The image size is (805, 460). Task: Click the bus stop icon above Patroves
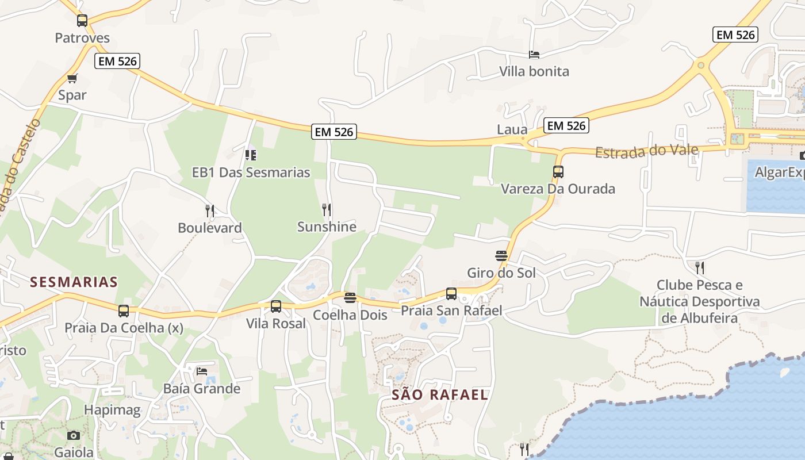click(82, 21)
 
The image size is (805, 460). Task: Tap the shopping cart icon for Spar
click(72, 78)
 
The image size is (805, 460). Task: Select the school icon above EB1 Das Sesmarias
click(250, 155)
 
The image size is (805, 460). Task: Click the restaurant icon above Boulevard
click(210, 211)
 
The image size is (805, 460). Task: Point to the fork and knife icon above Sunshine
click(327, 210)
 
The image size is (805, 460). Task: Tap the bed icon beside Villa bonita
click(534, 55)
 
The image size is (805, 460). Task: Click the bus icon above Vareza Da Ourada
click(558, 171)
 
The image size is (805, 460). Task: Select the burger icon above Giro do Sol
click(501, 255)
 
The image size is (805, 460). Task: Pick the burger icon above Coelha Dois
click(350, 298)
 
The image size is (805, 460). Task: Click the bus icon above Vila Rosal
click(276, 306)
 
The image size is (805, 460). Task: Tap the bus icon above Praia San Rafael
click(451, 294)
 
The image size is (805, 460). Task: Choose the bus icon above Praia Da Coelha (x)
click(124, 311)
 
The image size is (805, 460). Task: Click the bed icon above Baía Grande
click(201, 371)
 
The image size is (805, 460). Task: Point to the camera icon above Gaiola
click(74, 435)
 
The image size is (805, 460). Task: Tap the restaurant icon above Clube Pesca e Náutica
click(699, 267)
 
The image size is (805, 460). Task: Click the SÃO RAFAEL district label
click(440, 395)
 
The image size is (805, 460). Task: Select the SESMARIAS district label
click(74, 282)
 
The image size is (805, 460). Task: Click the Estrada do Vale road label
click(647, 151)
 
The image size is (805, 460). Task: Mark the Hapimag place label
click(112, 410)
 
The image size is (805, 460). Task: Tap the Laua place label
click(512, 129)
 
